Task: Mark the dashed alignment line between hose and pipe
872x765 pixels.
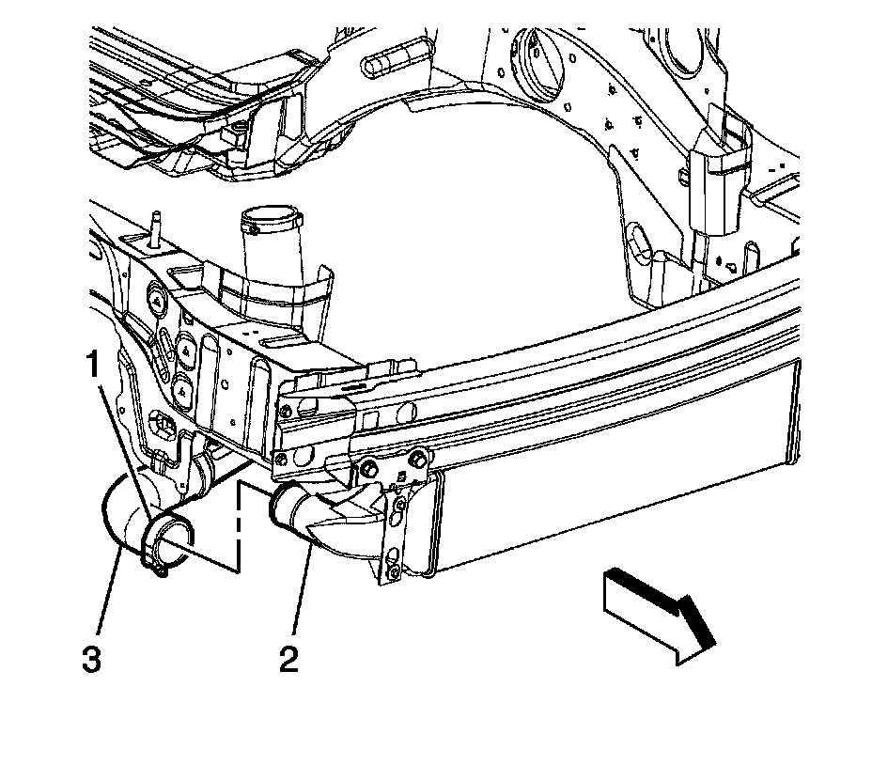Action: click(241, 526)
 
